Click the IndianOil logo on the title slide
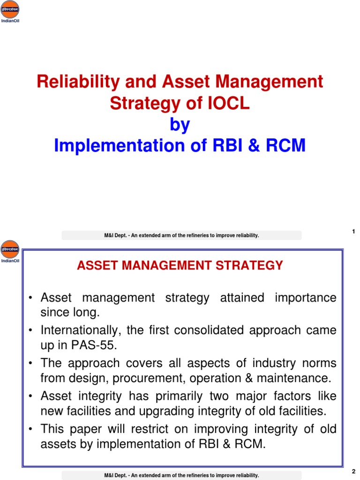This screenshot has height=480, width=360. [10, 11]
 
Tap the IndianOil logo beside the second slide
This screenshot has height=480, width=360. [10, 251]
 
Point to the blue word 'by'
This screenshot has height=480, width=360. [180, 125]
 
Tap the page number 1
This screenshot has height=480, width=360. [353, 231]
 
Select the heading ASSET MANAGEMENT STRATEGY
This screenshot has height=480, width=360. [180, 266]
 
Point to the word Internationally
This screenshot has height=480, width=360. [75, 330]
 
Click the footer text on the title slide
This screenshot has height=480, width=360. [181, 235]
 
